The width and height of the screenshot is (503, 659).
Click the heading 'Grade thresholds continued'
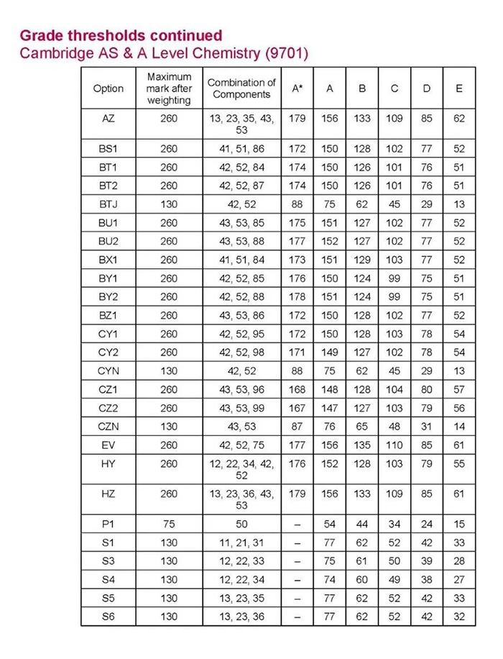[x=121, y=35]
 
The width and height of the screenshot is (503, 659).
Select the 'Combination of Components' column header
[x=241, y=88]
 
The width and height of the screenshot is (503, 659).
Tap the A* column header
[x=297, y=88]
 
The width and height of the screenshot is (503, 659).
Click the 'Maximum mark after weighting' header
[x=169, y=88]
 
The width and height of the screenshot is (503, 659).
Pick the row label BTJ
[x=109, y=204]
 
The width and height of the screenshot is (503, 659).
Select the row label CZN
[x=109, y=427]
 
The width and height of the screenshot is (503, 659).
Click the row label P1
[x=109, y=523]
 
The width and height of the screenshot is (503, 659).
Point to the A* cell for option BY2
[x=297, y=296]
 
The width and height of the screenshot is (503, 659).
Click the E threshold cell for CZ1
[x=459, y=389]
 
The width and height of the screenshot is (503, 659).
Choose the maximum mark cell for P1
[x=169, y=523]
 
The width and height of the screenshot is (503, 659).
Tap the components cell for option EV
[x=241, y=445]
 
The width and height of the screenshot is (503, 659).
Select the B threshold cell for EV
[x=362, y=445]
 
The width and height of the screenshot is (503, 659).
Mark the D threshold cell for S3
[x=427, y=560]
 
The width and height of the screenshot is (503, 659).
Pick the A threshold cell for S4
[x=330, y=579]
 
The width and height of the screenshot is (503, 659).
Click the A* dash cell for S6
[x=297, y=616]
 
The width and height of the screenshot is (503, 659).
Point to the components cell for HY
[x=241, y=469]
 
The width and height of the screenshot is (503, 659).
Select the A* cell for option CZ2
[x=297, y=408]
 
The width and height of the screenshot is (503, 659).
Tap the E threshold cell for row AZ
[x=459, y=118]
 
